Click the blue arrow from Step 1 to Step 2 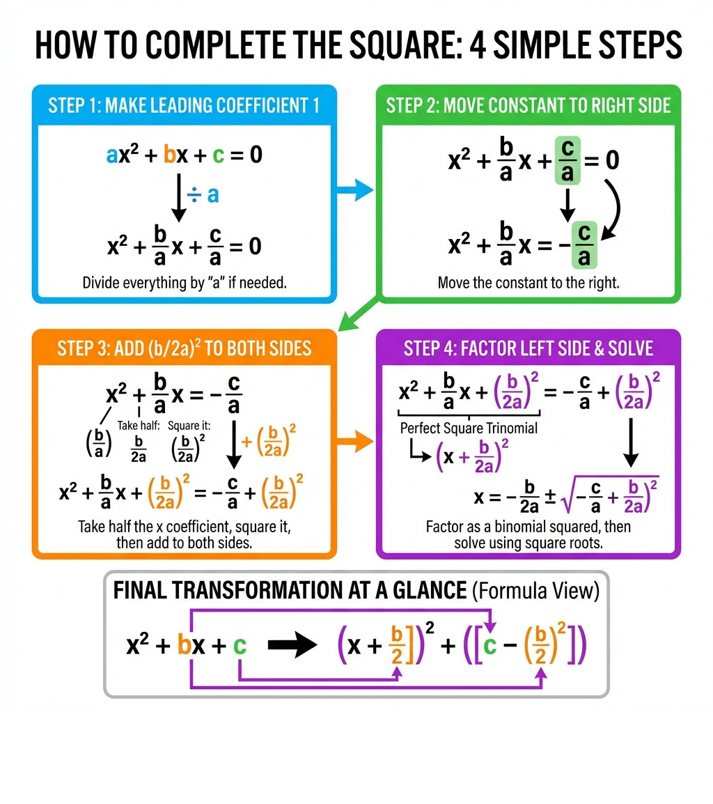tap(354, 190)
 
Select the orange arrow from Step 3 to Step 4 tap(354, 442)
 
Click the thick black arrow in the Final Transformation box tap(292, 644)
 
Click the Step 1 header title tap(184, 106)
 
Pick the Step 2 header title tap(528, 106)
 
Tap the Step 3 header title tap(184, 348)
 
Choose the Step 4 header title tap(528, 348)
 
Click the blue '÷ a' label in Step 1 tap(203, 195)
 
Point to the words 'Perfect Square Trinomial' tap(469, 428)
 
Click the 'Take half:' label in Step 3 tap(139, 426)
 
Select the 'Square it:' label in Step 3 tap(189, 426)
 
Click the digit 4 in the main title tap(478, 45)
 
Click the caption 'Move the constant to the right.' tap(528, 283)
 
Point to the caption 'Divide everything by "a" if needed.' tap(185, 283)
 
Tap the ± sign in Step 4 tap(550, 496)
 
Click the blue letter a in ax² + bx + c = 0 tap(111, 155)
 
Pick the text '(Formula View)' tap(535, 591)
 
